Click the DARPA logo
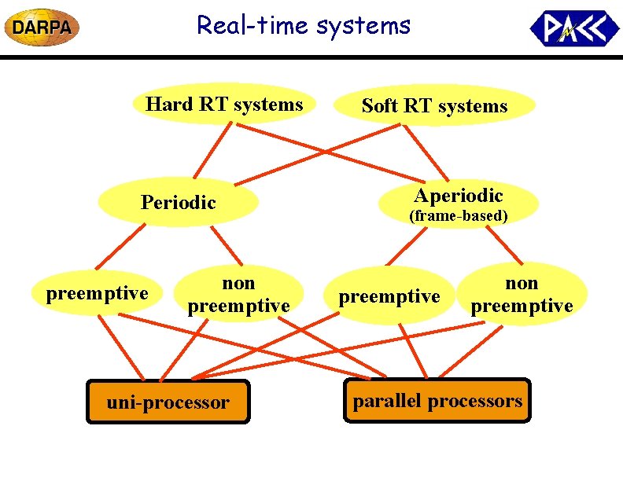(42, 28)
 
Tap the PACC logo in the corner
(574, 28)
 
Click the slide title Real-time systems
(304, 25)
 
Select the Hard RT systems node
(224, 105)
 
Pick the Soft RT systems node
(434, 106)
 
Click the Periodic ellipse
(178, 203)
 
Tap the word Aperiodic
(458, 196)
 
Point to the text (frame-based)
(458, 215)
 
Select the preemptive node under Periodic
(97, 294)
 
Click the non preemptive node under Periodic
(238, 294)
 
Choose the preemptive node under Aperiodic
(389, 296)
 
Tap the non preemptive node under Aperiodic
(522, 294)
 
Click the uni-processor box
(168, 402)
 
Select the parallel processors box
(437, 401)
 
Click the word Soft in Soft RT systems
(380, 106)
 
